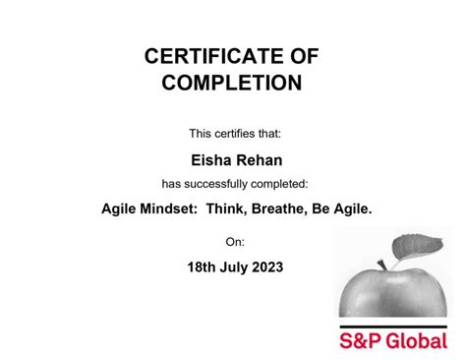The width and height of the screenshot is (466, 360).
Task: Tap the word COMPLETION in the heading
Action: click(231, 84)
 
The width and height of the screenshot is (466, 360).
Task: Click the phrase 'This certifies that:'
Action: click(234, 133)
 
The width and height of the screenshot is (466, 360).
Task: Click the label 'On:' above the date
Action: click(234, 241)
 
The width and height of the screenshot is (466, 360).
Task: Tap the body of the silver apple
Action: click(393, 290)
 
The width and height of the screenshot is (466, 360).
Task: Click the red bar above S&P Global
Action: click(393, 325)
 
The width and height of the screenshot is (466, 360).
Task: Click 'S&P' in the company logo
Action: click(360, 341)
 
